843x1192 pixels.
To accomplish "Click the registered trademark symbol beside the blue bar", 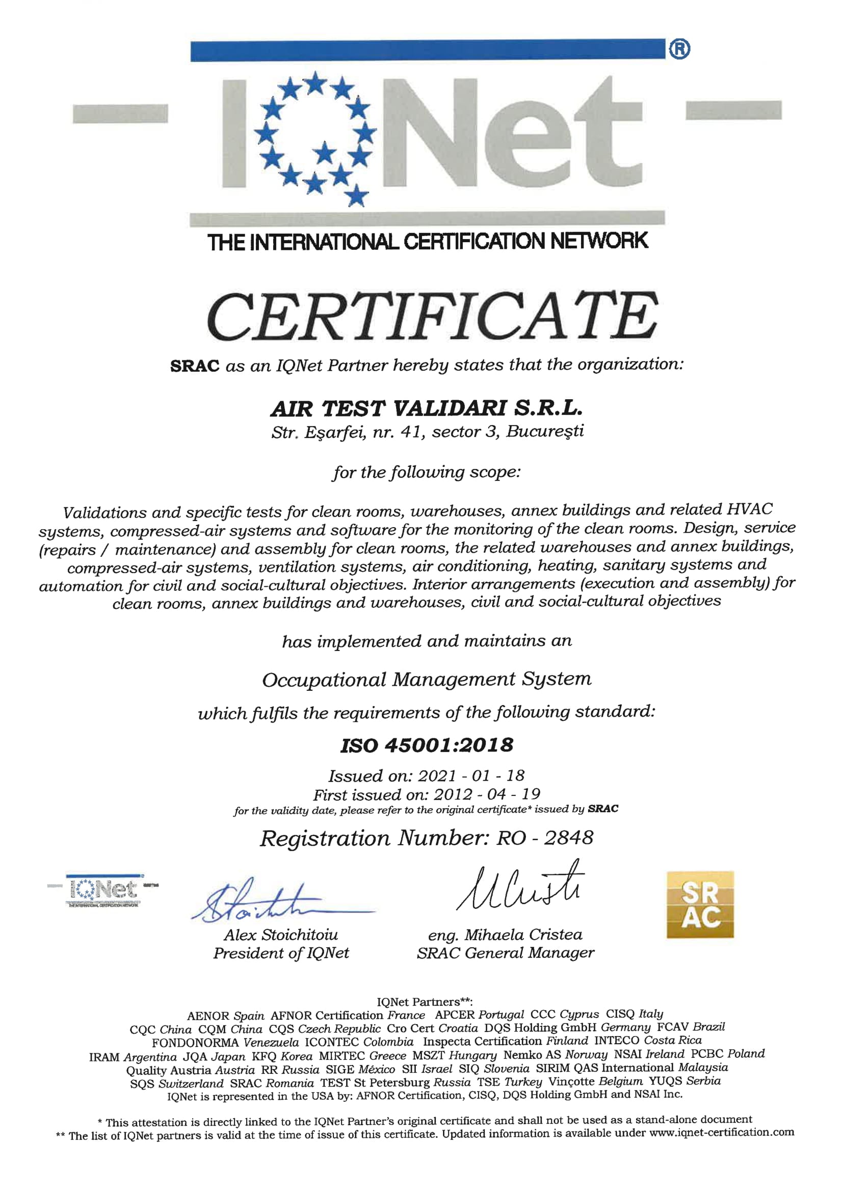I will click(679, 49).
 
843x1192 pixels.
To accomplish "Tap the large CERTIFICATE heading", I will click(432, 317).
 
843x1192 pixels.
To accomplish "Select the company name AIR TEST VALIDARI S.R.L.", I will click(426, 409).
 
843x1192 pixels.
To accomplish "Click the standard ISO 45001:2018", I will click(427, 745).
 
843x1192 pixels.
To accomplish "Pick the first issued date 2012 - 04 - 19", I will click(487, 794).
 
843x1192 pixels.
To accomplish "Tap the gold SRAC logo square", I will click(700, 905).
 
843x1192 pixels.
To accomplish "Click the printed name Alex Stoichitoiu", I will click(281, 935).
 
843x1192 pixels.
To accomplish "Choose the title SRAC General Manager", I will click(505, 953).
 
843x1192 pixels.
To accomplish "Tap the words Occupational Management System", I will click(426, 680).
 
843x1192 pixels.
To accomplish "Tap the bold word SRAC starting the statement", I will click(195, 366).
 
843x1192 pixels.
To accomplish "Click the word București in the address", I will click(544, 431).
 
